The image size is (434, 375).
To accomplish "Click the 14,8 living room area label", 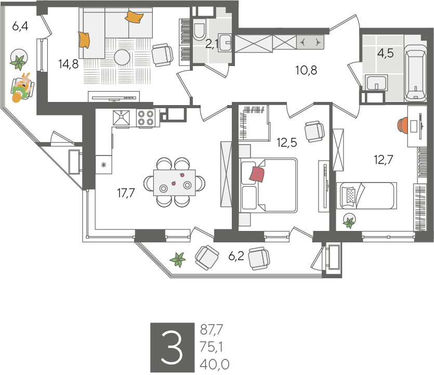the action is tap(69, 64).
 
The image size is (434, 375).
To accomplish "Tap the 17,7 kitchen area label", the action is tap(126, 193).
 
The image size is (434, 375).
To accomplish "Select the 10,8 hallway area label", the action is tap(306, 70).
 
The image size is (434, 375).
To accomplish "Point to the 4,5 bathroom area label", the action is tap(385, 53).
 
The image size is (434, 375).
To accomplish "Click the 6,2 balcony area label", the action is tap(236, 256).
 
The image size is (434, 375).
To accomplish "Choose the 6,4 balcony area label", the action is tap(20, 27).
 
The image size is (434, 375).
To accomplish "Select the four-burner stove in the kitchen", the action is tap(146, 118).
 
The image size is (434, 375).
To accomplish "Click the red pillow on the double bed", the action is tap(257, 174).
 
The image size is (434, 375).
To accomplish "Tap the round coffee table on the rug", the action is tap(122, 58).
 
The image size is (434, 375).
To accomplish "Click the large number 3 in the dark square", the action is tap(172, 347).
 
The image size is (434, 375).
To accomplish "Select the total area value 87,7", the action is tap(212, 330).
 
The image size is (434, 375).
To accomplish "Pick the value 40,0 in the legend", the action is tap(215, 365).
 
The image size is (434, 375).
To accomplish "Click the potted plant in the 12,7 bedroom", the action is tap(349, 221).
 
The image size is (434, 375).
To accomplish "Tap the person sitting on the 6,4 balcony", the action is tap(22, 87).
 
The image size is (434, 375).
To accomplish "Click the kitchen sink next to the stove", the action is tap(121, 118).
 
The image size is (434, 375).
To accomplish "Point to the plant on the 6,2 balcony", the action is tap(178, 260).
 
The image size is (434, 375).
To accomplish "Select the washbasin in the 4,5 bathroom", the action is tap(376, 82).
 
